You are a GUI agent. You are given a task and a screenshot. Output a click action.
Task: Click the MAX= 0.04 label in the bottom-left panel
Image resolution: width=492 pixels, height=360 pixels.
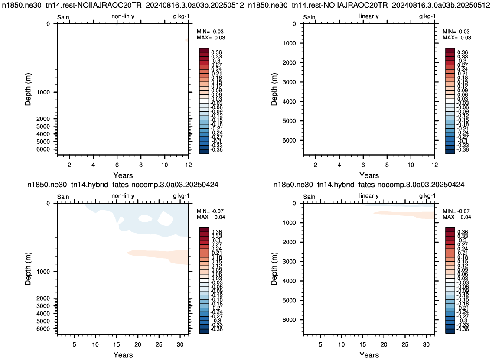tap(211, 217)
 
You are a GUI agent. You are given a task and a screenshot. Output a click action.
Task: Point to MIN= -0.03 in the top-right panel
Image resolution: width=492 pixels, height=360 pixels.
tap(456, 31)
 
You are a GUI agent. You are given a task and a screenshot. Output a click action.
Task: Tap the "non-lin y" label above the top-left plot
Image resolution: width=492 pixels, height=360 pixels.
tap(123, 16)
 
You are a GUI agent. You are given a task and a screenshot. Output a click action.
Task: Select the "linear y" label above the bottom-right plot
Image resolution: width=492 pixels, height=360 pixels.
tap(369, 196)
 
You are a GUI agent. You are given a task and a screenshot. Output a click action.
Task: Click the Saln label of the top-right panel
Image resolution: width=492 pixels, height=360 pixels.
tap(309, 17)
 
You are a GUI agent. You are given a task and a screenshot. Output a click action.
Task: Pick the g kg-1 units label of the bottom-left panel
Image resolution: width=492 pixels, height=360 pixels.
tap(181, 196)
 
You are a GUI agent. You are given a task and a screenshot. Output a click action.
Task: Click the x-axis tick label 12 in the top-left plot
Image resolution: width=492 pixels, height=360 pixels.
tap(188, 165)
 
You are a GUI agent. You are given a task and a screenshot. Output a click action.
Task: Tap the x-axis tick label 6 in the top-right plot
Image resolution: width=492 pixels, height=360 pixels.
tap(363, 165)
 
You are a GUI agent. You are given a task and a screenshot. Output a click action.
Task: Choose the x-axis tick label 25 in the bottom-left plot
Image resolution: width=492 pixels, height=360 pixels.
tap(159, 344)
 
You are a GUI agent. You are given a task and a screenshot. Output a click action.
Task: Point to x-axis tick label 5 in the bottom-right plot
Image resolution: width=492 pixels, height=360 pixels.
tap(320, 344)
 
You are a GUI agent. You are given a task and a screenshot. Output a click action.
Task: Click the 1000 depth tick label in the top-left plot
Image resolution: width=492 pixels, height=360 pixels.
tap(43, 92)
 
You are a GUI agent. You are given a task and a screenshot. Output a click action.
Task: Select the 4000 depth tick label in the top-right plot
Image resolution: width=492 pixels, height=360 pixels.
tap(289, 102)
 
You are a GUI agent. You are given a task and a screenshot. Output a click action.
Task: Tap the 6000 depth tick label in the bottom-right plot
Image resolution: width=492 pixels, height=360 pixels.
tap(289, 320)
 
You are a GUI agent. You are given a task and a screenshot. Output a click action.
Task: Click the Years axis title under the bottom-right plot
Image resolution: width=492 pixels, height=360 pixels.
tap(369, 355)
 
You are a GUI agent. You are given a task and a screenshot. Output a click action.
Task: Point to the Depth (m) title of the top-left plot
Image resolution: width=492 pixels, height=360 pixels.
tap(28, 89)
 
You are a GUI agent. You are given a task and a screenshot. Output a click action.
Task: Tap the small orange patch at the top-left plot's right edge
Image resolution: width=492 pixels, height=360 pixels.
tap(187, 40)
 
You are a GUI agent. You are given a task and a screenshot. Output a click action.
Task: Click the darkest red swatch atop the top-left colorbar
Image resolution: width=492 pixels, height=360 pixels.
tap(204, 50)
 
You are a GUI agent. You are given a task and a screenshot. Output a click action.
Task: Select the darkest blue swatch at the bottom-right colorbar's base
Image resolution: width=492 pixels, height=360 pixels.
tap(450, 331)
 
